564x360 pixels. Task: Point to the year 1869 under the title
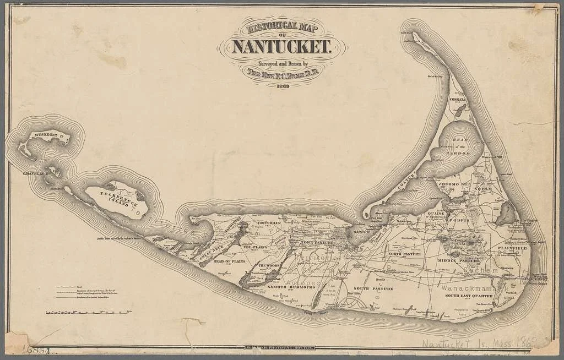pos(283,86)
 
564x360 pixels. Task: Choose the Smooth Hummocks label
pos(283,287)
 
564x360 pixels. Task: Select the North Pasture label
pos(404,254)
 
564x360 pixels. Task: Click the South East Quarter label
pos(468,296)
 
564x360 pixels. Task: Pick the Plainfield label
pos(512,248)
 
